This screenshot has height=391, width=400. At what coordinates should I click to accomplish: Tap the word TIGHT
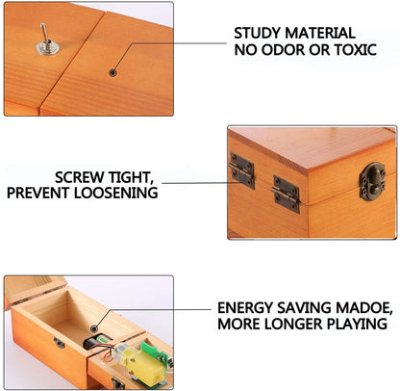click(134, 176)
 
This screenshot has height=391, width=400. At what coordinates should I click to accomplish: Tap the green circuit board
click(152, 351)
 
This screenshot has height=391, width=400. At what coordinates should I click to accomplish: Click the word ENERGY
click(246, 308)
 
